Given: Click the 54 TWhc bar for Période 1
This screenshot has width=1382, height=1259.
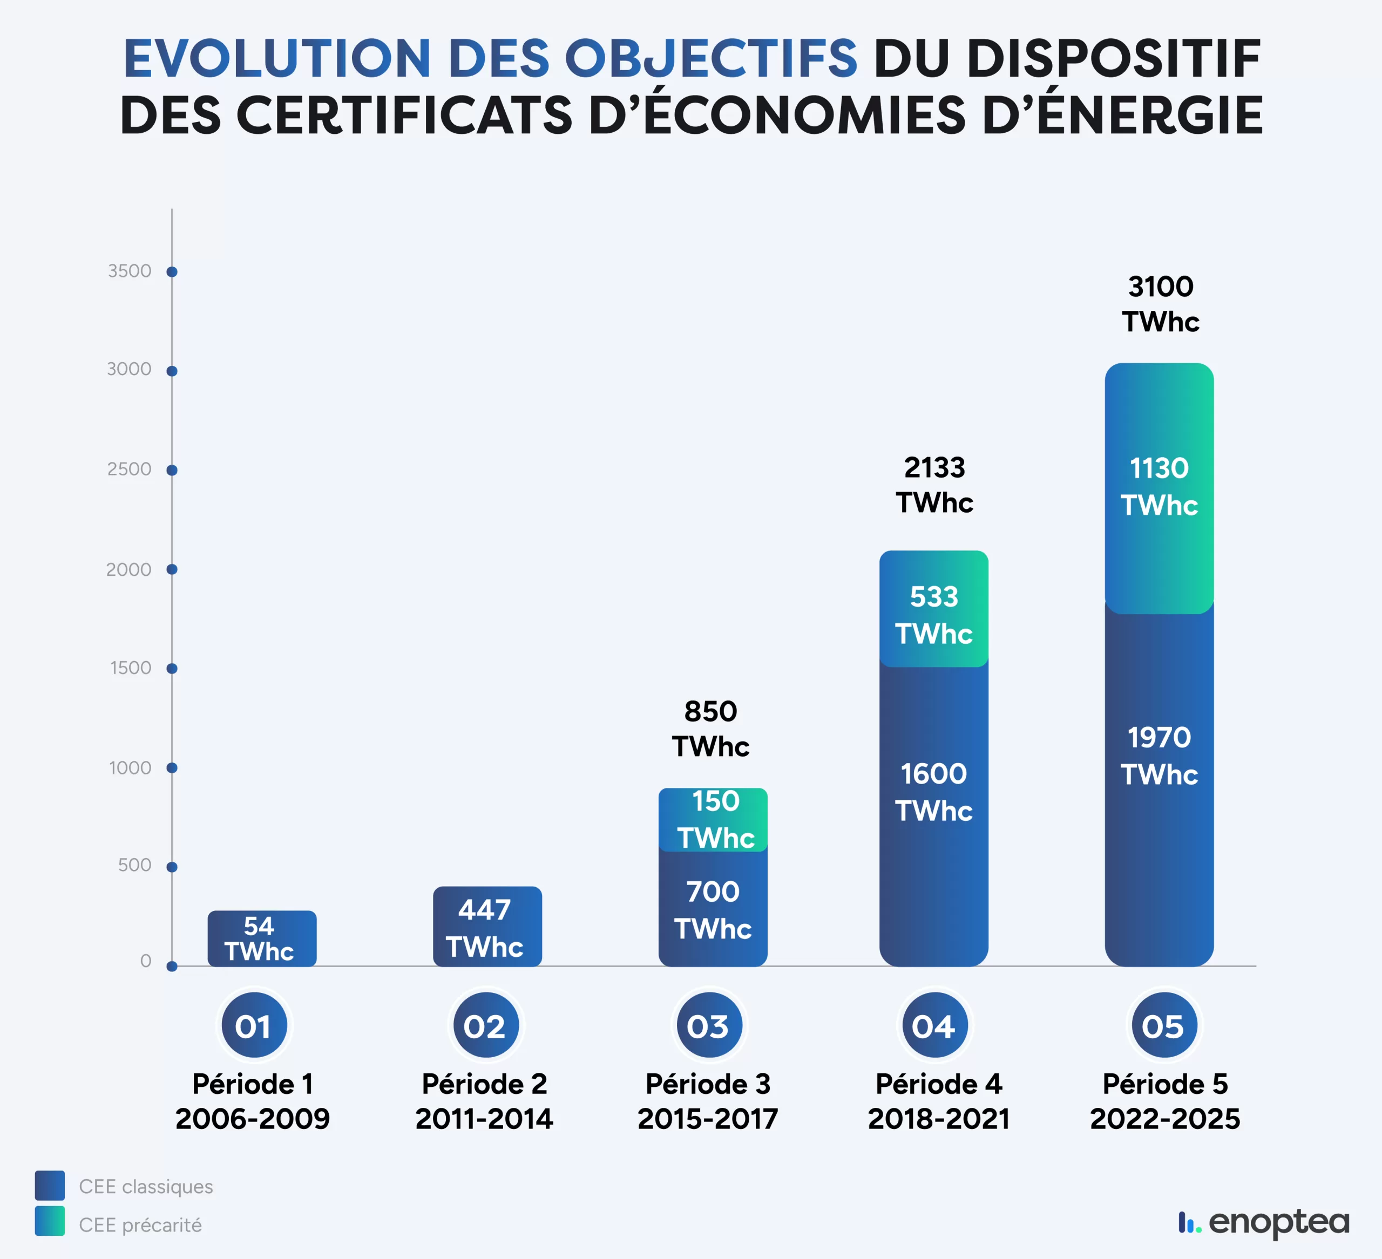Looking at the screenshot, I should click(262, 938).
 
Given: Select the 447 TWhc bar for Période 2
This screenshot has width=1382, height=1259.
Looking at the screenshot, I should click(487, 927).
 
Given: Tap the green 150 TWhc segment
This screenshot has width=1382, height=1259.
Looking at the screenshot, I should click(713, 820).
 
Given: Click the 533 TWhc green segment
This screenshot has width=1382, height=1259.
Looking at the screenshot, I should click(934, 609).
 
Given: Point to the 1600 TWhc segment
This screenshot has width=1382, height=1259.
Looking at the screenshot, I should click(934, 809).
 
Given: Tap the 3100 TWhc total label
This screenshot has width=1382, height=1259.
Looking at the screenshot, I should click(1160, 304).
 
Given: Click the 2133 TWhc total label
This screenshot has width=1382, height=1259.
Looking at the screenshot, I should click(934, 485).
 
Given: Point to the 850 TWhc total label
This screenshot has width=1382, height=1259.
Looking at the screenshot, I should click(710, 729).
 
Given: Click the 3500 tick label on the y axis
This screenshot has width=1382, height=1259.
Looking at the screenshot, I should click(129, 271).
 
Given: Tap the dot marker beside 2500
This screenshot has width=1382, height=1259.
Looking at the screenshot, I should click(172, 470).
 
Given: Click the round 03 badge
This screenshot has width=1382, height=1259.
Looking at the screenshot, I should click(708, 1026).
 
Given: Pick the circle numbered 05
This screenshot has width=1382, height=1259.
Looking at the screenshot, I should click(1163, 1026).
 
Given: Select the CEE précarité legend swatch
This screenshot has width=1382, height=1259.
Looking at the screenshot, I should click(50, 1221).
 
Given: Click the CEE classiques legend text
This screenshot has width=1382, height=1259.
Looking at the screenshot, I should click(145, 1186).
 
